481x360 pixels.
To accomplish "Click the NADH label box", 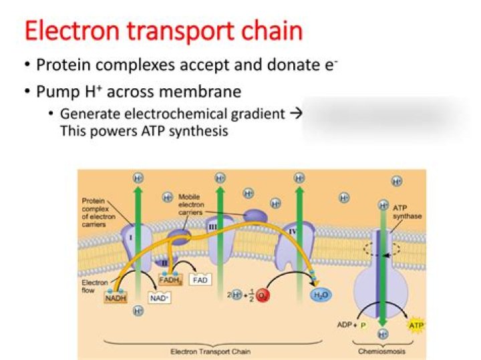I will click(x=115, y=298).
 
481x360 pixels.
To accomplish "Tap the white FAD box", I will click(x=200, y=280).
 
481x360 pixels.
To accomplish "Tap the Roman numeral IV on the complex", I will click(x=293, y=231).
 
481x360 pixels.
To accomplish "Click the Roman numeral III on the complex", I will click(x=212, y=228).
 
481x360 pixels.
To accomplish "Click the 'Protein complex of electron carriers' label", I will click(x=98, y=213).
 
